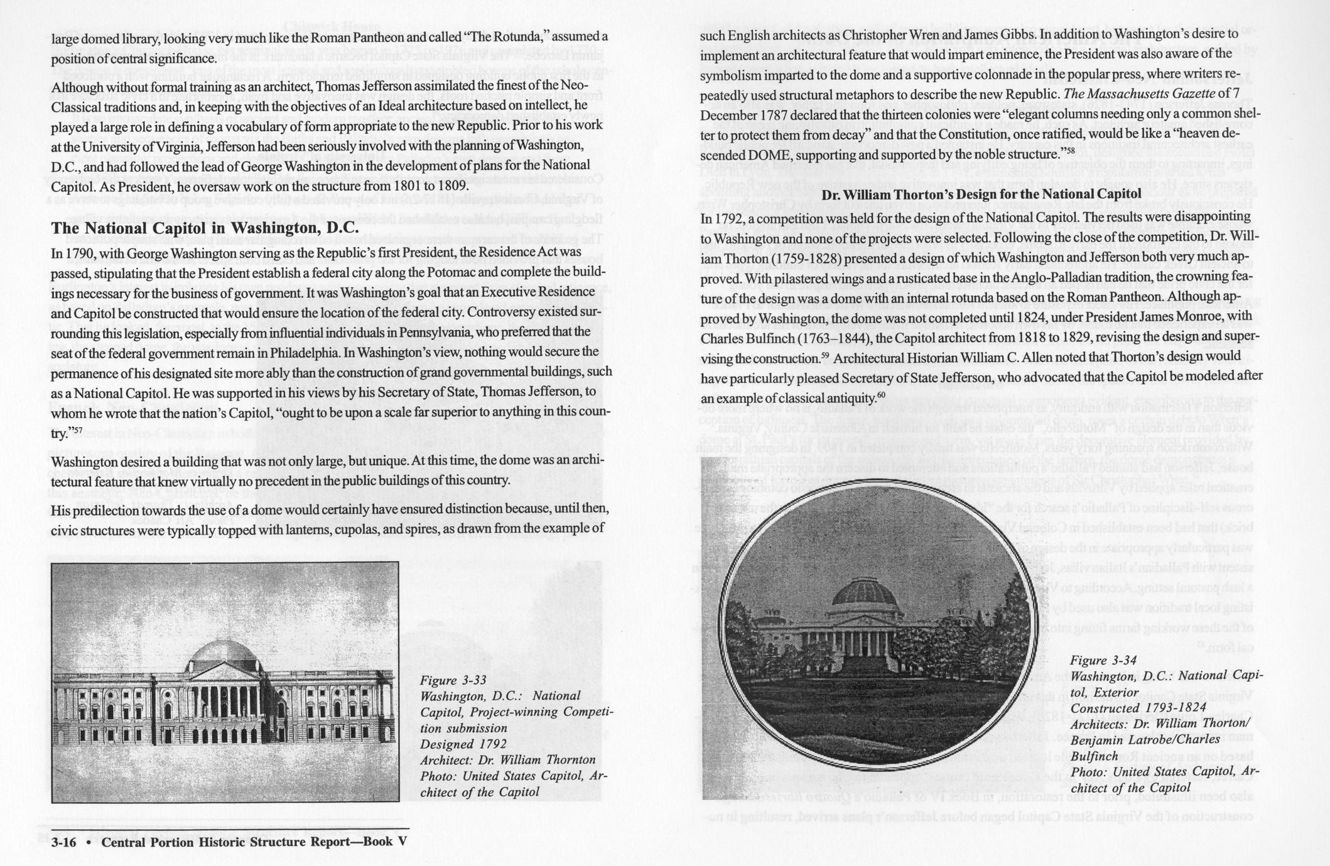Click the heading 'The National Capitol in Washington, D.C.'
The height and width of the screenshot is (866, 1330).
pyautogui.click(x=205, y=227)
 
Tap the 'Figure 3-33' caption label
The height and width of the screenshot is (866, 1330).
pyautogui.click(x=453, y=680)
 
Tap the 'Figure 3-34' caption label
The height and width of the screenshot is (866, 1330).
pyautogui.click(x=1103, y=660)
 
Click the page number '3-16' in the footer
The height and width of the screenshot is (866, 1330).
pyautogui.click(x=63, y=842)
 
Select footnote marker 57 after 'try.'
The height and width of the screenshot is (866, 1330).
pyautogui.click(x=76, y=429)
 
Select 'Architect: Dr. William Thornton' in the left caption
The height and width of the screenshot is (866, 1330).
pyautogui.click(x=507, y=760)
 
